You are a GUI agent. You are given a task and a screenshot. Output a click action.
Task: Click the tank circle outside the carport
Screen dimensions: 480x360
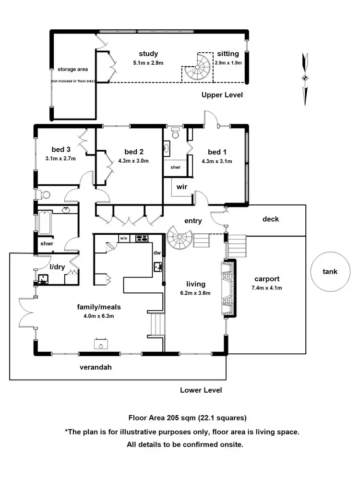pyautogui.click(x=330, y=272)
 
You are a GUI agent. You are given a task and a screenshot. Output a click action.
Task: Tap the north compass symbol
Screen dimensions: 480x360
pyautogui.click(x=305, y=78)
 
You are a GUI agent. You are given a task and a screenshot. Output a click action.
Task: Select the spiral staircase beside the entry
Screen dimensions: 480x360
pyautogui.click(x=180, y=239)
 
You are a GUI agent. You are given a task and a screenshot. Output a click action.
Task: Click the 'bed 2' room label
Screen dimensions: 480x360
pyautogui.click(x=133, y=152)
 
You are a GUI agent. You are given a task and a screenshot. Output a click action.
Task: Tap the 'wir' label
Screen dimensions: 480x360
pyautogui.click(x=181, y=187)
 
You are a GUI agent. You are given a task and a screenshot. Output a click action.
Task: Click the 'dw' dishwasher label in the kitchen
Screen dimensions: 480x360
pyautogui.click(x=156, y=252)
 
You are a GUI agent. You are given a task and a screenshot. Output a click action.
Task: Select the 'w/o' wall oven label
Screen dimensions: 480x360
pyautogui.click(x=123, y=238)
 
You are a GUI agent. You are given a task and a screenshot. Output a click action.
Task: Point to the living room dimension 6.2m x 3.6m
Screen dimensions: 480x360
pyautogui.click(x=195, y=293)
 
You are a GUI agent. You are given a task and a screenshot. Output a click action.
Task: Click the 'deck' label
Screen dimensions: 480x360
pyautogui.click(x=270, y=219)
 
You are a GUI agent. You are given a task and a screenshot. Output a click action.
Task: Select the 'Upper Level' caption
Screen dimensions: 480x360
pyautogui.click(x=222, y=95)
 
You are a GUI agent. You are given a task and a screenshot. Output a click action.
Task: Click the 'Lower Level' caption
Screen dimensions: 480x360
pyautogui.click(x=201, y=390)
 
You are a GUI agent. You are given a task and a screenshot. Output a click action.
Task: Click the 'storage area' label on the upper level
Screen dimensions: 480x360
pyautogui.click(x=72, y=69)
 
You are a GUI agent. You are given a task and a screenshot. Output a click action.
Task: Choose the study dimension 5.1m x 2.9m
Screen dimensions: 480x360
pyautogui.click(x=148, y=62)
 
